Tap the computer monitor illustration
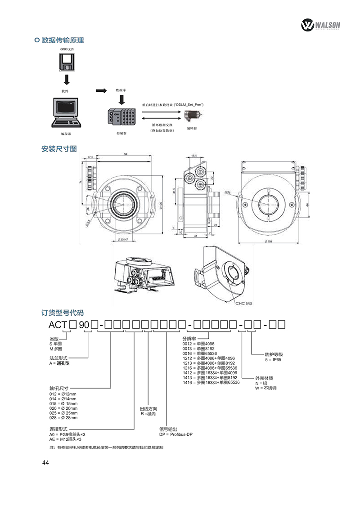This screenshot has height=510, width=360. pyautogui.click(x=66, y=112)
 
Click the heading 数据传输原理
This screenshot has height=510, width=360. pyautogui.click(x=63, y=40)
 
